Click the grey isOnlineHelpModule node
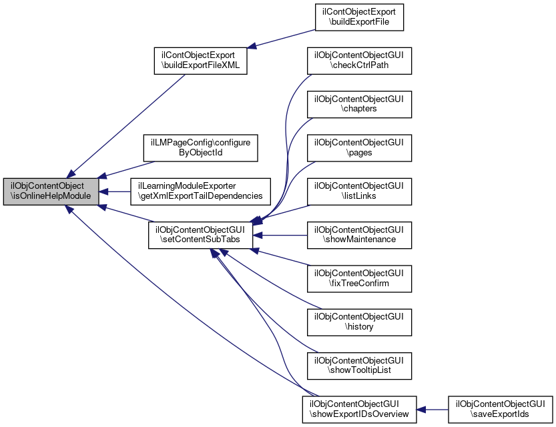(51, 191)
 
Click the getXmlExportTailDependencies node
(200, 191)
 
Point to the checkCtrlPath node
(359, 59)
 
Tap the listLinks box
(359, 191)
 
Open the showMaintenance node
(359, 234)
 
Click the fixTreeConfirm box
(359, 278)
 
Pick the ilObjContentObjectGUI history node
(359, 322)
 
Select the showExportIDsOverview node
(359, 409)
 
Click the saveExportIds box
(501, 409)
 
